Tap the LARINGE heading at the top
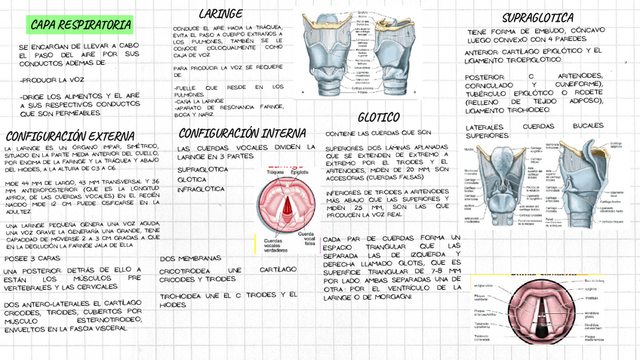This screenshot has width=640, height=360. pos(220,14)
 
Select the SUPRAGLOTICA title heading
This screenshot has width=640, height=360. pos(537,17)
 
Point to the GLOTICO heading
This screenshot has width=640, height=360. pos(378,117)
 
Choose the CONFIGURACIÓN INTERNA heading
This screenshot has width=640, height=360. pos(232,133)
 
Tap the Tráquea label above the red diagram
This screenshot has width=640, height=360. pos(275,172)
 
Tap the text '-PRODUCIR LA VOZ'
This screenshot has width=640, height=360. pos(51,78)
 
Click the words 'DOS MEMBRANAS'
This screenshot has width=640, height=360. pos(191,258)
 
